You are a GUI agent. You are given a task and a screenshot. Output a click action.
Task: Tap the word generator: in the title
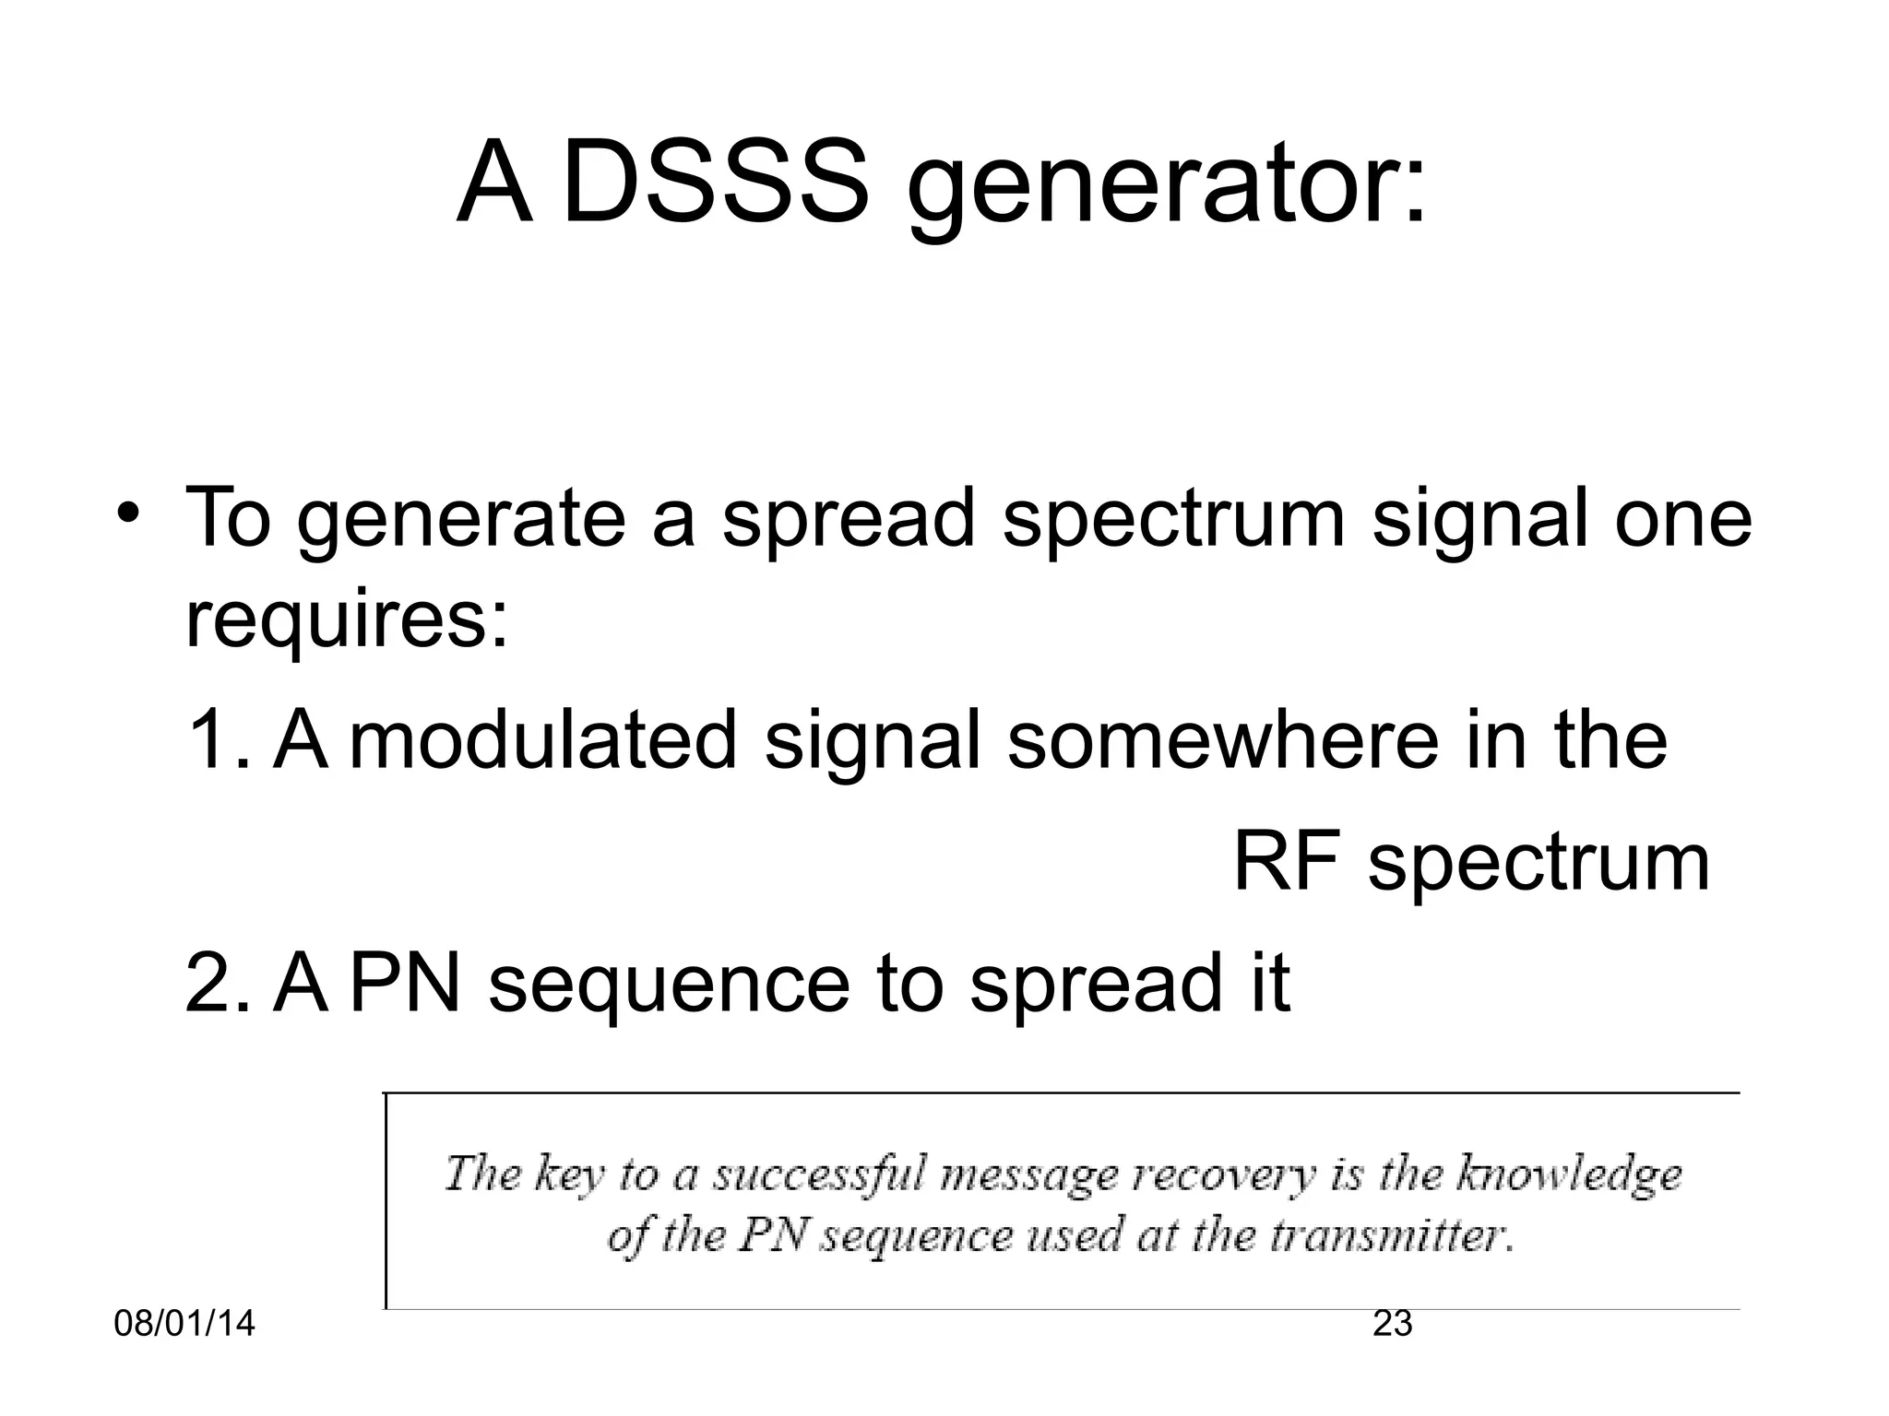(x=1167, y=189)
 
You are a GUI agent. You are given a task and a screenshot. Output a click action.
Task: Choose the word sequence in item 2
(x=669, y=986)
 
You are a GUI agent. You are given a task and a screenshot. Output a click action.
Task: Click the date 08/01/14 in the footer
(x=184, y=1324)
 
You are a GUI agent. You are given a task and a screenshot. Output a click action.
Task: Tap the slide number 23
(x=1393, y=1324)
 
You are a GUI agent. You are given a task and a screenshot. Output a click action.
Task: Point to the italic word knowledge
(x=1569, y=1175)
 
